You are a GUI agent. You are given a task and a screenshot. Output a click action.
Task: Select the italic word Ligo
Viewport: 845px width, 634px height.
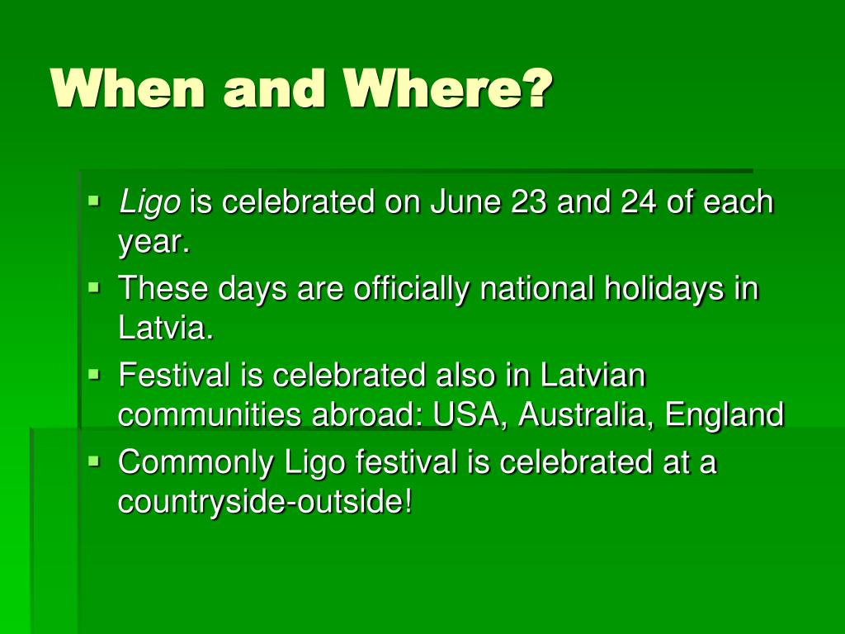point(149,202)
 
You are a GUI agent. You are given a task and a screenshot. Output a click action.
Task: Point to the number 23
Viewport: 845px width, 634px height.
point(529,202)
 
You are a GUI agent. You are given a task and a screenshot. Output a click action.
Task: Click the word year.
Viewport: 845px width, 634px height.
point(153,243)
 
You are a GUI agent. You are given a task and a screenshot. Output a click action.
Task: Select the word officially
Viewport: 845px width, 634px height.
point(413,289)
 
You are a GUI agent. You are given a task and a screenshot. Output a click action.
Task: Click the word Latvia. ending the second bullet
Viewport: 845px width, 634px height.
point(165,329)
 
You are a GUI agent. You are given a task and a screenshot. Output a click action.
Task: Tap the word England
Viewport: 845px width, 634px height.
point(724,415)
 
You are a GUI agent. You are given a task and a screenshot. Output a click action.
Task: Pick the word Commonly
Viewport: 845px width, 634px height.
point(195,462)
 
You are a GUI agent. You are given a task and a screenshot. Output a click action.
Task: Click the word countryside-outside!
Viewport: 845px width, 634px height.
point(265,502)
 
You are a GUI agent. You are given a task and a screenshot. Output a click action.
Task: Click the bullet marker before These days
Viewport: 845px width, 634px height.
point(94,287)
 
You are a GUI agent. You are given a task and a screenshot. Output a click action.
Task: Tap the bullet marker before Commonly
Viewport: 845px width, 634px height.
point(94,460)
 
